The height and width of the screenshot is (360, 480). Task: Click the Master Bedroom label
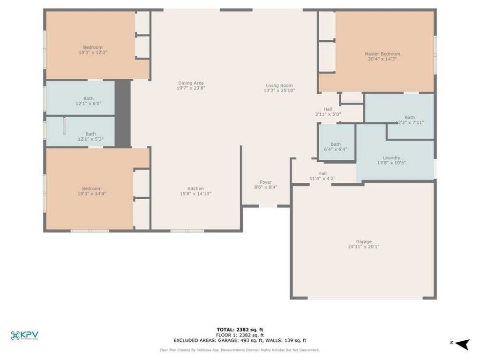pos(382,54)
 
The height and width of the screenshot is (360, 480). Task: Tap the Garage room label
pos(363,242)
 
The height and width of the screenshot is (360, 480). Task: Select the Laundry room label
pos(391,158)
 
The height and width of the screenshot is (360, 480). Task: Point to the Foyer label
pos(266,182)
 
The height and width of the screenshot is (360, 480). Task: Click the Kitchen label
pos(195,189)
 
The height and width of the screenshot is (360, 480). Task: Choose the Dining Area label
pos(191,83)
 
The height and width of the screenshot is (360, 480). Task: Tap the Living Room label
pos(279,86)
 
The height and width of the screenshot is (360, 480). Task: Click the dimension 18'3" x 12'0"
pos(93,52)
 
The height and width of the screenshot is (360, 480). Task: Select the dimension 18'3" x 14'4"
pos(92,193)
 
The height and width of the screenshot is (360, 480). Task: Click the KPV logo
pos(24,335)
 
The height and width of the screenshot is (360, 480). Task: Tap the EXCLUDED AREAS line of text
pos(240,340)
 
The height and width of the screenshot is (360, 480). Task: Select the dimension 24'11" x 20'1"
pos(363,247)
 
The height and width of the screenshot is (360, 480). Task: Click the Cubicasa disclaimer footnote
pos(240,350)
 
